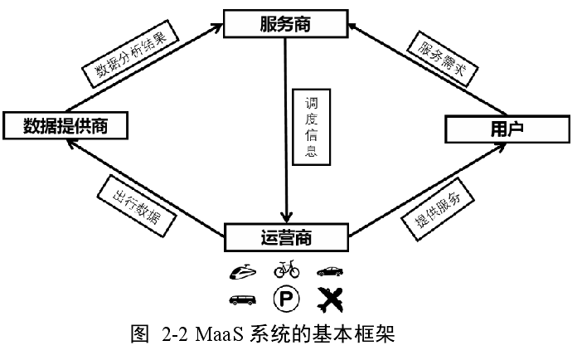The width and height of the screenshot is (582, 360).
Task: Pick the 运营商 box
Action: point(285,238)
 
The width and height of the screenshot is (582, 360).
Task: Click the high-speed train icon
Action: point(241,270)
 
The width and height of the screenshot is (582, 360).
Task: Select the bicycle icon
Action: point(286,270)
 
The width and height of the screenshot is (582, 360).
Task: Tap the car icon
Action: point(329,270)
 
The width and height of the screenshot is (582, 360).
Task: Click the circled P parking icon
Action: point(286,297)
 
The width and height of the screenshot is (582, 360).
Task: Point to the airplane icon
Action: point(330,297)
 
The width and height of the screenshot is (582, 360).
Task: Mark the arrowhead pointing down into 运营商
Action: point(285,217)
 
